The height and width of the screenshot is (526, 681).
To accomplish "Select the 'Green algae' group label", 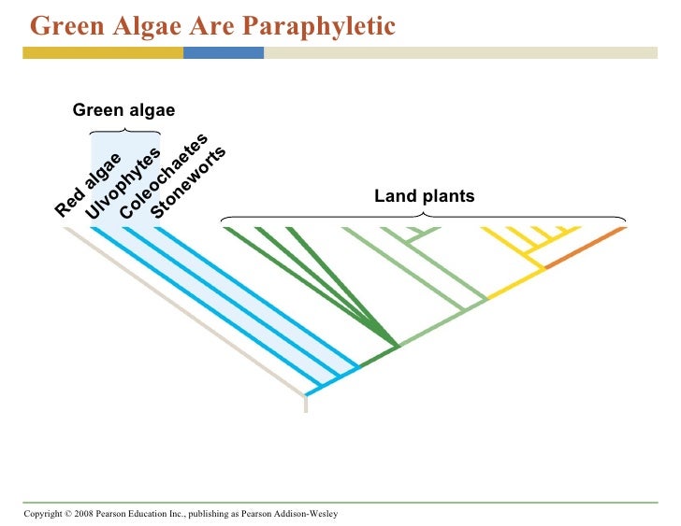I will coord(124,111).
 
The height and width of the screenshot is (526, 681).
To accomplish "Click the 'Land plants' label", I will coord(425,196).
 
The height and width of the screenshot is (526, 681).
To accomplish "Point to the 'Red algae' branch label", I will coord(88,184).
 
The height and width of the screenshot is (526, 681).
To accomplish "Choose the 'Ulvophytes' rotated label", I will coord(123,184).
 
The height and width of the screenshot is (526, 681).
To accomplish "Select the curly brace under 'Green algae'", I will coord(124,132).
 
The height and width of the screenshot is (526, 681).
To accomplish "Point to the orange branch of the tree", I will coord(586,248).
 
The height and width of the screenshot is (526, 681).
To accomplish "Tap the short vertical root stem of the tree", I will coord(306,403).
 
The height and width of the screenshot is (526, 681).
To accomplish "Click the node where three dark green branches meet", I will coord(398,345).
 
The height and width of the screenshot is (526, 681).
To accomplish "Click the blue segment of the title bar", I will coord(223,53).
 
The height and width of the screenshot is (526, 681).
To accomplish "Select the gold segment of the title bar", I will coord(103,53).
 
